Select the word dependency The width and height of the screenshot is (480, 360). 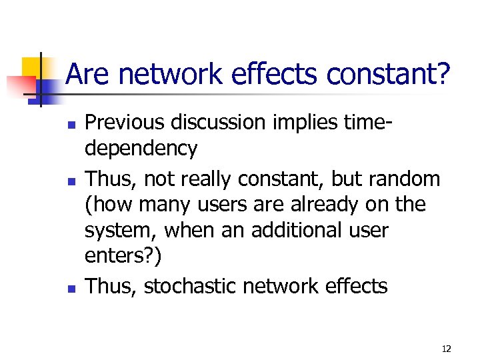[141, 149]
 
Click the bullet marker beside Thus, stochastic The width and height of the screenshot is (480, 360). [70, 288]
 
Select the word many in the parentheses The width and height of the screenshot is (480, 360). [161, 204]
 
